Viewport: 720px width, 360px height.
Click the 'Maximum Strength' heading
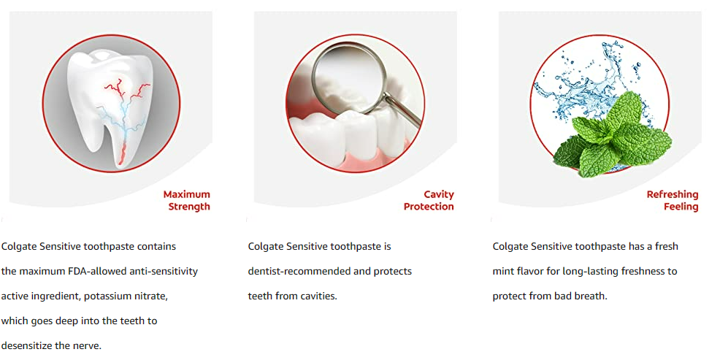[x=186, y=201]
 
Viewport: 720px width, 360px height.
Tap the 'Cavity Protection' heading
[x=429, y=201]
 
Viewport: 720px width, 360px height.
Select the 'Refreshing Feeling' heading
[x=673, y=201]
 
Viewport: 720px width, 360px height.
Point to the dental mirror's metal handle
[x=402, y=110]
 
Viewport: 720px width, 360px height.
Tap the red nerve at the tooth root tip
[x=122, y=154]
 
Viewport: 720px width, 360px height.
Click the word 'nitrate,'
[x=150, y=296]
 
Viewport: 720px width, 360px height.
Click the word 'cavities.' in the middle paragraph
[x=318, y=296]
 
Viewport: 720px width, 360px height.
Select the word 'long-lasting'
[x=564, y=272]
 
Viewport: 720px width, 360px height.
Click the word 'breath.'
[x=592, y=296]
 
